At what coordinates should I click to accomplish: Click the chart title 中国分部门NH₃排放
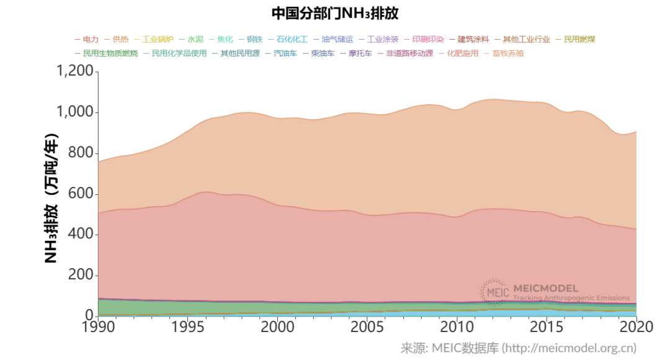pos(334,13)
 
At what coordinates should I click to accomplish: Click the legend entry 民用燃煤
pos(575,40)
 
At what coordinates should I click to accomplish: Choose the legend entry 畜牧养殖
pos(508,53)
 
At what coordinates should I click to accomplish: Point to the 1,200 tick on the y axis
pos(74,72)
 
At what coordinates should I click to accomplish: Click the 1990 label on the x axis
pos(98,327)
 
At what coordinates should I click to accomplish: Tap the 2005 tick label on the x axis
pos(367,327)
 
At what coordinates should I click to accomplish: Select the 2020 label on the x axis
pos(636,327)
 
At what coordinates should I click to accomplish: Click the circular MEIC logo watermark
pos(494,292)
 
